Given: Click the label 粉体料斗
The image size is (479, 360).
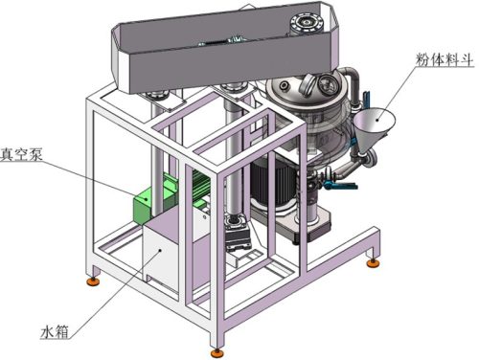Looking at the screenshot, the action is [445, 59].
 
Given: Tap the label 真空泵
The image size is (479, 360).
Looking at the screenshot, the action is [21, 155].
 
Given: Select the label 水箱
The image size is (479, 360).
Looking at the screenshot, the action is [55, 332].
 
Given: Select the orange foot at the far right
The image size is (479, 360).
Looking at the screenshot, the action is [373, 263].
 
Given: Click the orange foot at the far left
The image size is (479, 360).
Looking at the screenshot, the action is [94, 281].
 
